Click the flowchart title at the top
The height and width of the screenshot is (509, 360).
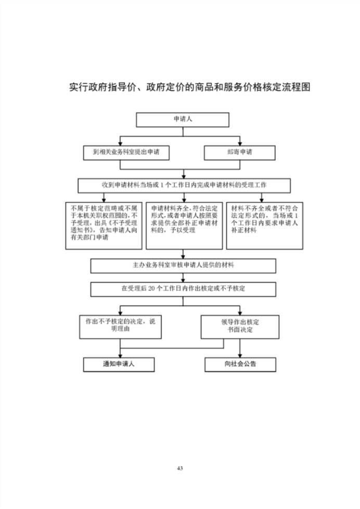tap(189, 87)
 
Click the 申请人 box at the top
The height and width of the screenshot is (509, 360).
tap(183, 120)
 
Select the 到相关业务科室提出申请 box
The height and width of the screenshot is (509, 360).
tap(126, 152)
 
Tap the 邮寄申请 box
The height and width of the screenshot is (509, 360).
tap(240, 152)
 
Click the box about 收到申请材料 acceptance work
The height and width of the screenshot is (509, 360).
tap(184, 185)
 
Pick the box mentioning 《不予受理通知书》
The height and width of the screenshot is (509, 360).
tap(105, 225)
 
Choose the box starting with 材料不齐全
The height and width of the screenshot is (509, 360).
tap(264, 225)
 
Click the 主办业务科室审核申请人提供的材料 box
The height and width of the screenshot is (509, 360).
tap(183, 266)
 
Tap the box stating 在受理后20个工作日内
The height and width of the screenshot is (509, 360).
tap(183, 289)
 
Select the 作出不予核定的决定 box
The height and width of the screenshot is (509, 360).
tap(120, 325)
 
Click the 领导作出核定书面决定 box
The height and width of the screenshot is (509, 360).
tap(240, 326)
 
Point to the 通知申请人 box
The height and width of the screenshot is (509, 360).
tap(119, 364)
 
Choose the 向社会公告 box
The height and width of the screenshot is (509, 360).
tap(240, 364)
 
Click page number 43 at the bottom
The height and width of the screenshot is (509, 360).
tap(180, 468)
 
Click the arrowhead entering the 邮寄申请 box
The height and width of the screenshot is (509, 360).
tap(240, 143)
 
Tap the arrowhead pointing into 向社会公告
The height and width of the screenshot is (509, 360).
tap(240, 355)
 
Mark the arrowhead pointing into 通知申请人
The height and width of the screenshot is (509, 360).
tap(120, 355)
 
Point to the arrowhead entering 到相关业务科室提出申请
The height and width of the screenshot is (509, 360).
tap(120, 143)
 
